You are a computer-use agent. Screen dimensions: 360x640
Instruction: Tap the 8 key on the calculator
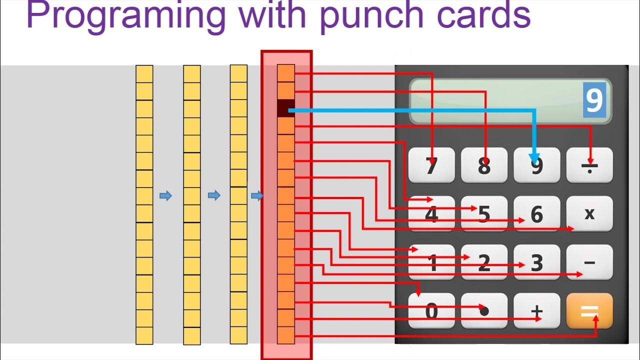484,165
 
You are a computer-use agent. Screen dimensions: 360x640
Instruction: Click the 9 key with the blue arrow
536,165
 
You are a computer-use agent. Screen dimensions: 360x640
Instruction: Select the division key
589,165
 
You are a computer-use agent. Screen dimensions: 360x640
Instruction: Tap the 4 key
431,214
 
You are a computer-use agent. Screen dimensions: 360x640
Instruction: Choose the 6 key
536,214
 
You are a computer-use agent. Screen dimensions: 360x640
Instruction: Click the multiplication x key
589,213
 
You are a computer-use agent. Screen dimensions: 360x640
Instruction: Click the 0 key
431,311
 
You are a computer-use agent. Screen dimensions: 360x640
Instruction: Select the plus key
536,311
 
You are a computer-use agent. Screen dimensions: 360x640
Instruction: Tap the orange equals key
589,311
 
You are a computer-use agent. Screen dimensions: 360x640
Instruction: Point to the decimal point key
484,311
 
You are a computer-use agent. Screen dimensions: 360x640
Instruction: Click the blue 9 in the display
594,100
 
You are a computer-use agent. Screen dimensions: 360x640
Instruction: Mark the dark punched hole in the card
286,108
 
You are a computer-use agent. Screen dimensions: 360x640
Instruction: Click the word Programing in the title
125,16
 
